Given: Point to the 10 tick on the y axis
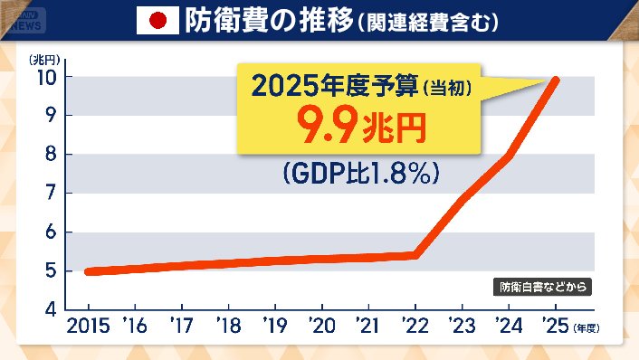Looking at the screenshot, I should [x=48, y=76].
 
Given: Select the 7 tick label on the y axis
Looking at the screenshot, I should [x=52, y=193].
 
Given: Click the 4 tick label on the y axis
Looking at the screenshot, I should [x=52, y=309].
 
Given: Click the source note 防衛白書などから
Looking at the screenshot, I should [x=546, y=288].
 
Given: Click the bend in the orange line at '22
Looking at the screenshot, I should [x=415, y=254].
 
